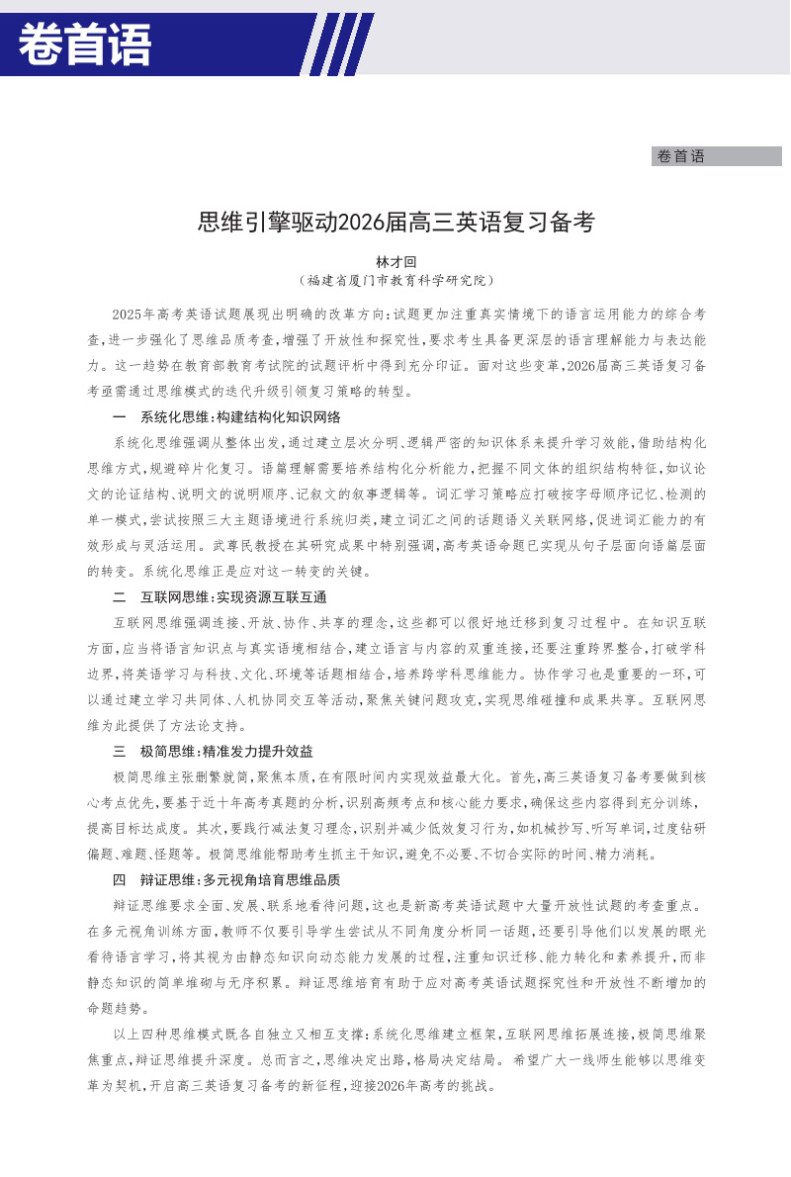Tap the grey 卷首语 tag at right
tap(680, 156)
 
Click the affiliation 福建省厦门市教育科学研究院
tap(396, 281)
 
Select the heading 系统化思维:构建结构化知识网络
tap(240, 416)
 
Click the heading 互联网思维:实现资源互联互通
tap(233, 597)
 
